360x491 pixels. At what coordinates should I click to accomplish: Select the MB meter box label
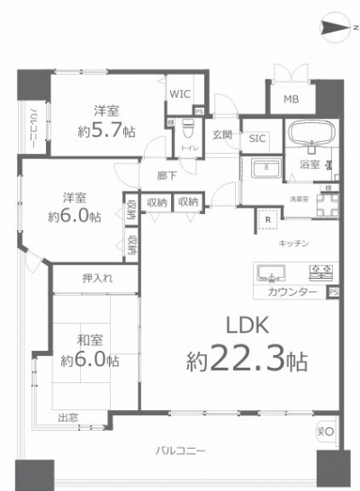292,99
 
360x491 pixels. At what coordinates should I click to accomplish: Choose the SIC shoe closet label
257,138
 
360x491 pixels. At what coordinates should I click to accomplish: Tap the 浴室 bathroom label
310,165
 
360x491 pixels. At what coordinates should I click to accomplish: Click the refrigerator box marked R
267,218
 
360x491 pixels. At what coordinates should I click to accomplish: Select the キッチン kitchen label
293,244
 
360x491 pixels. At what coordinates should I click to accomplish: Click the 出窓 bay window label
68,417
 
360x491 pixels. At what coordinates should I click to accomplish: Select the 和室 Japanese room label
87,340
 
